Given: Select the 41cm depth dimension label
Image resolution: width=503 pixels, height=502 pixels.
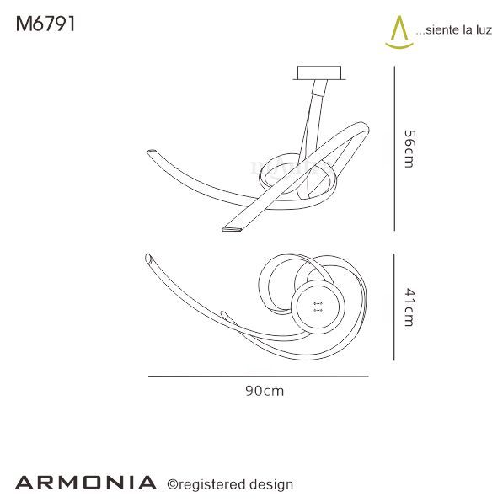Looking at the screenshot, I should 409,307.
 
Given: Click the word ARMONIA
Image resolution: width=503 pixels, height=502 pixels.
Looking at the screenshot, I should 85,483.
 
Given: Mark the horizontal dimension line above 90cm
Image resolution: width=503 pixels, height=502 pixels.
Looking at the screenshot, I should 263,376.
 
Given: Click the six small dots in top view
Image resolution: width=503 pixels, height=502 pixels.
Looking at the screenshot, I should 318,307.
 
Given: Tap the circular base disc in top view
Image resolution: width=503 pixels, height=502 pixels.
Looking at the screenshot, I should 318,307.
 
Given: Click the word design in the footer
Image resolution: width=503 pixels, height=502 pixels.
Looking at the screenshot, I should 271,483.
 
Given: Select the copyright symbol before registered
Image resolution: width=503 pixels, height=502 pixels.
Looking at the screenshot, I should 172,483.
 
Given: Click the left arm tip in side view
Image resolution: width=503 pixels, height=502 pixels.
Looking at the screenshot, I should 151,152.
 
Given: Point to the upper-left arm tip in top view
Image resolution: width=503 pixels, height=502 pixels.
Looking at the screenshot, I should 148,256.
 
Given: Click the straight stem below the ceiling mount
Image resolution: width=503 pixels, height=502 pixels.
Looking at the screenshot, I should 313,105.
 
